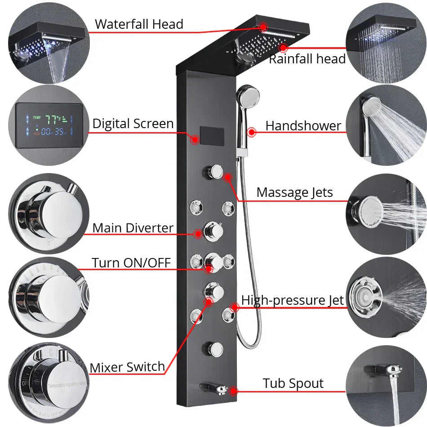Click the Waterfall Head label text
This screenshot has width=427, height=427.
click(x=139, y=24)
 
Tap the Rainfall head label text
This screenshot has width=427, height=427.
click(x=307, y=59)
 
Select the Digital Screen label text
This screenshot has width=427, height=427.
click(x=133, y=124)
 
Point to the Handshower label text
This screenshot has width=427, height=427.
click(x=303, y=126)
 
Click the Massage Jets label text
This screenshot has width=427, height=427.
click(x=295, y=192)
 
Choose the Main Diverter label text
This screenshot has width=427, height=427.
click(x=133, y=228)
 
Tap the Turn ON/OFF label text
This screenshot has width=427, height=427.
click(x=131, y=262)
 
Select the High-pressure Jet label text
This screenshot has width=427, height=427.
click(x=293, y=300)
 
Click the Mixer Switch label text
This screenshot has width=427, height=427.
click(x=127, y=367)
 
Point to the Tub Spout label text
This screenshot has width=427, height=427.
click(x=293, y=383)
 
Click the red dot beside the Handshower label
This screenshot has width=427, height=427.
click(x=252, y=132)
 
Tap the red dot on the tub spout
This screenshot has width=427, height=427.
click(x=234, y=391)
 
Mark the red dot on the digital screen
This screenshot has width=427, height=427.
click(x=195, y=139)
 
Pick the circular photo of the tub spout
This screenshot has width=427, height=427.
click(x=386, y=385)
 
